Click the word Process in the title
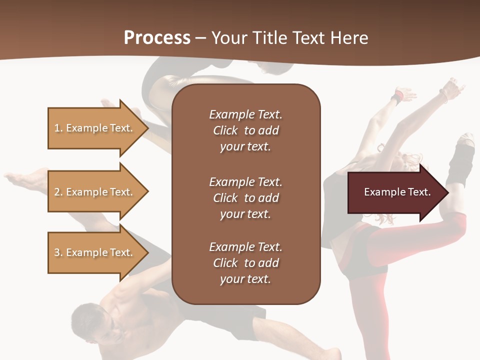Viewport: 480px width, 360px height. [x=157, y=38]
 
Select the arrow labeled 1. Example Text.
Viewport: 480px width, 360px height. [x=95, y=128]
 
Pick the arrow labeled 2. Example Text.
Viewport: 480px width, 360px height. [x=95, y=192]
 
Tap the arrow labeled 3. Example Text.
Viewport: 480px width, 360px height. [x=95, y=252]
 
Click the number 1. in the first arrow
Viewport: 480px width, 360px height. [x=58, y=128]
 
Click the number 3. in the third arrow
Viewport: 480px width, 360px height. [x=58, y=252]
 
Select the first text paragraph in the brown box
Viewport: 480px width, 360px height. [x=245, y=130]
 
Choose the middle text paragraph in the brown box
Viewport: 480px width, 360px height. [x=245, y=198]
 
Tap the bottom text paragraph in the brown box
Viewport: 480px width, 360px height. [x=245, y=263]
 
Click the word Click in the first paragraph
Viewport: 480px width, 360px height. [x=225, y=130]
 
